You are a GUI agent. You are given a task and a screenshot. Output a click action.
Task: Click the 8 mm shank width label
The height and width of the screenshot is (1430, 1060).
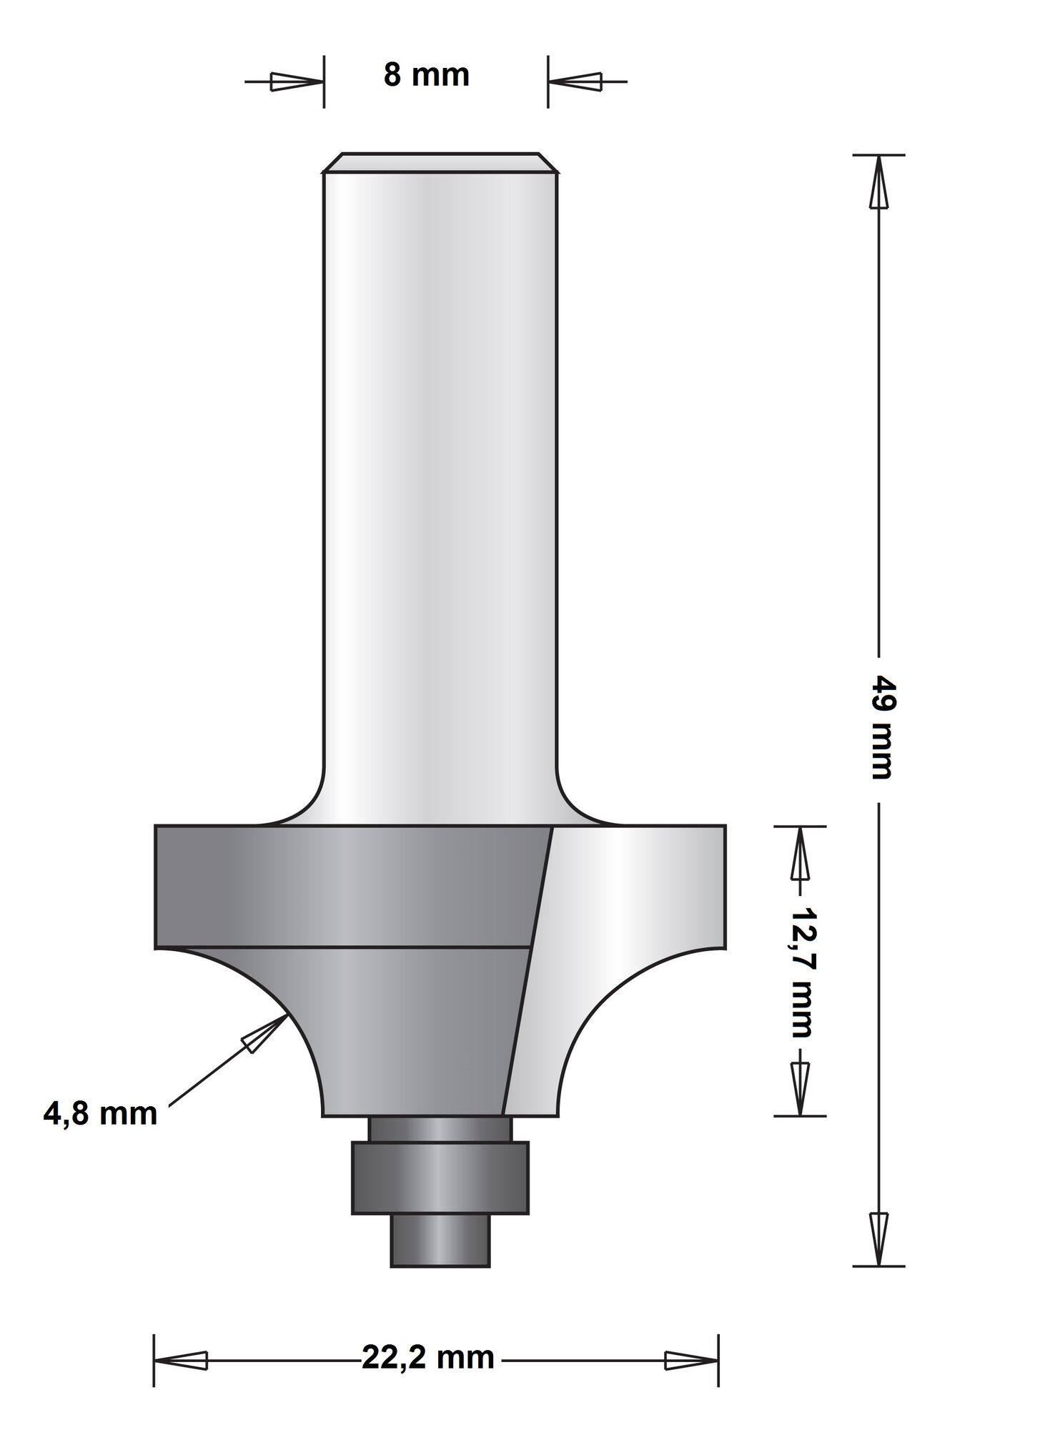click(427, 75)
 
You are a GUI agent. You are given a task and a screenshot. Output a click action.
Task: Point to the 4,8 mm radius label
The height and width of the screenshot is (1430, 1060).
click(100, 1114)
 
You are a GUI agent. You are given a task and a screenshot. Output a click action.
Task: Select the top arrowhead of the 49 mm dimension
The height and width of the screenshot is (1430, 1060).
click(878, 182)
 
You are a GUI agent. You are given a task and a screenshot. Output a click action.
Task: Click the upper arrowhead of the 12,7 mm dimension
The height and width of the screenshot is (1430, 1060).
click(799, 853)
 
